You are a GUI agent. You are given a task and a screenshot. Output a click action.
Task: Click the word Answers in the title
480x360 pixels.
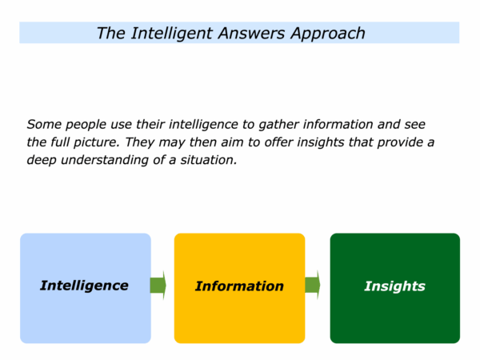tap(251, 33)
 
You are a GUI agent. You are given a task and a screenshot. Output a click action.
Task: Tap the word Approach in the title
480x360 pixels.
tap(328, 34)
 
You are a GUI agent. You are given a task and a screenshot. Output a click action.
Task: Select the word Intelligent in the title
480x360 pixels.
tap(172, 34)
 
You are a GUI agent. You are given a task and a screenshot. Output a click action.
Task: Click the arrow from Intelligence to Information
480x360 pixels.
tap(158, 286)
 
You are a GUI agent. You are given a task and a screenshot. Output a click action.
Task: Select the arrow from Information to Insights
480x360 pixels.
tap(313, 285)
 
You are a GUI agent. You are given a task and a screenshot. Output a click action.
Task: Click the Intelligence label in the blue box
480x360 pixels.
tap(84, 286)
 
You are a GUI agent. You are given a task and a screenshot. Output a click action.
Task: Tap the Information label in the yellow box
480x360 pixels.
tap(239, 286)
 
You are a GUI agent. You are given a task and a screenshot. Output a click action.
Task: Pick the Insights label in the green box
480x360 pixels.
tap(395, 286)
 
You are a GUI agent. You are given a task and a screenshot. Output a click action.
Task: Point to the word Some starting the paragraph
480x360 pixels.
tap(44, 124)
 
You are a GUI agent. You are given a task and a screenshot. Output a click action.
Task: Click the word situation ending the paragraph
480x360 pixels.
tap(209, 160)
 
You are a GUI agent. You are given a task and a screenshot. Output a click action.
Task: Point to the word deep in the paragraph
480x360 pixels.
tap(42, 160)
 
